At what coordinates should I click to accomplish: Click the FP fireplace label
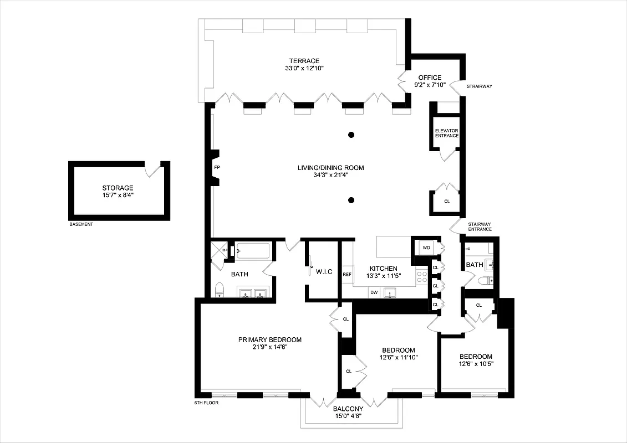(217, 167)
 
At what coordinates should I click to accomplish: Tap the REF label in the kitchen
(347, 275)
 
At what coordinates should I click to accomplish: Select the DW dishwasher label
(374, 292)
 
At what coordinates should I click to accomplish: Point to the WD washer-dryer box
(426, 247)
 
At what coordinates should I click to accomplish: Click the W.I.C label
(324, 271)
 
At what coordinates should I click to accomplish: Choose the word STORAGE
(118, 188)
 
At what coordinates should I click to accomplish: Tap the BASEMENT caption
(81, 225)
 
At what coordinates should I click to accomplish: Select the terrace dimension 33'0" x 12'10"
(304, 69)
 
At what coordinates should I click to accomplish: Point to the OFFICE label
(430, 78)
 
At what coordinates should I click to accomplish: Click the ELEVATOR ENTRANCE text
(446, 133)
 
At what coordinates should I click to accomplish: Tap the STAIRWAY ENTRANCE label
(480, 227)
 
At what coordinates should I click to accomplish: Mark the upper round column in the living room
(351, 135)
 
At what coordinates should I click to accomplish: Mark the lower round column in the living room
(351, 200)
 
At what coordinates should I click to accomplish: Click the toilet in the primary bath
(220, 289)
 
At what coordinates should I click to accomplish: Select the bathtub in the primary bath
(253, 251)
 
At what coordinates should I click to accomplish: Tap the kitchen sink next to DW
(392, 292)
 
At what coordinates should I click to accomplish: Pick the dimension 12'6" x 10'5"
(476, 364)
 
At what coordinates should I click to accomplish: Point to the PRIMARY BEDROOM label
(270, 339)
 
